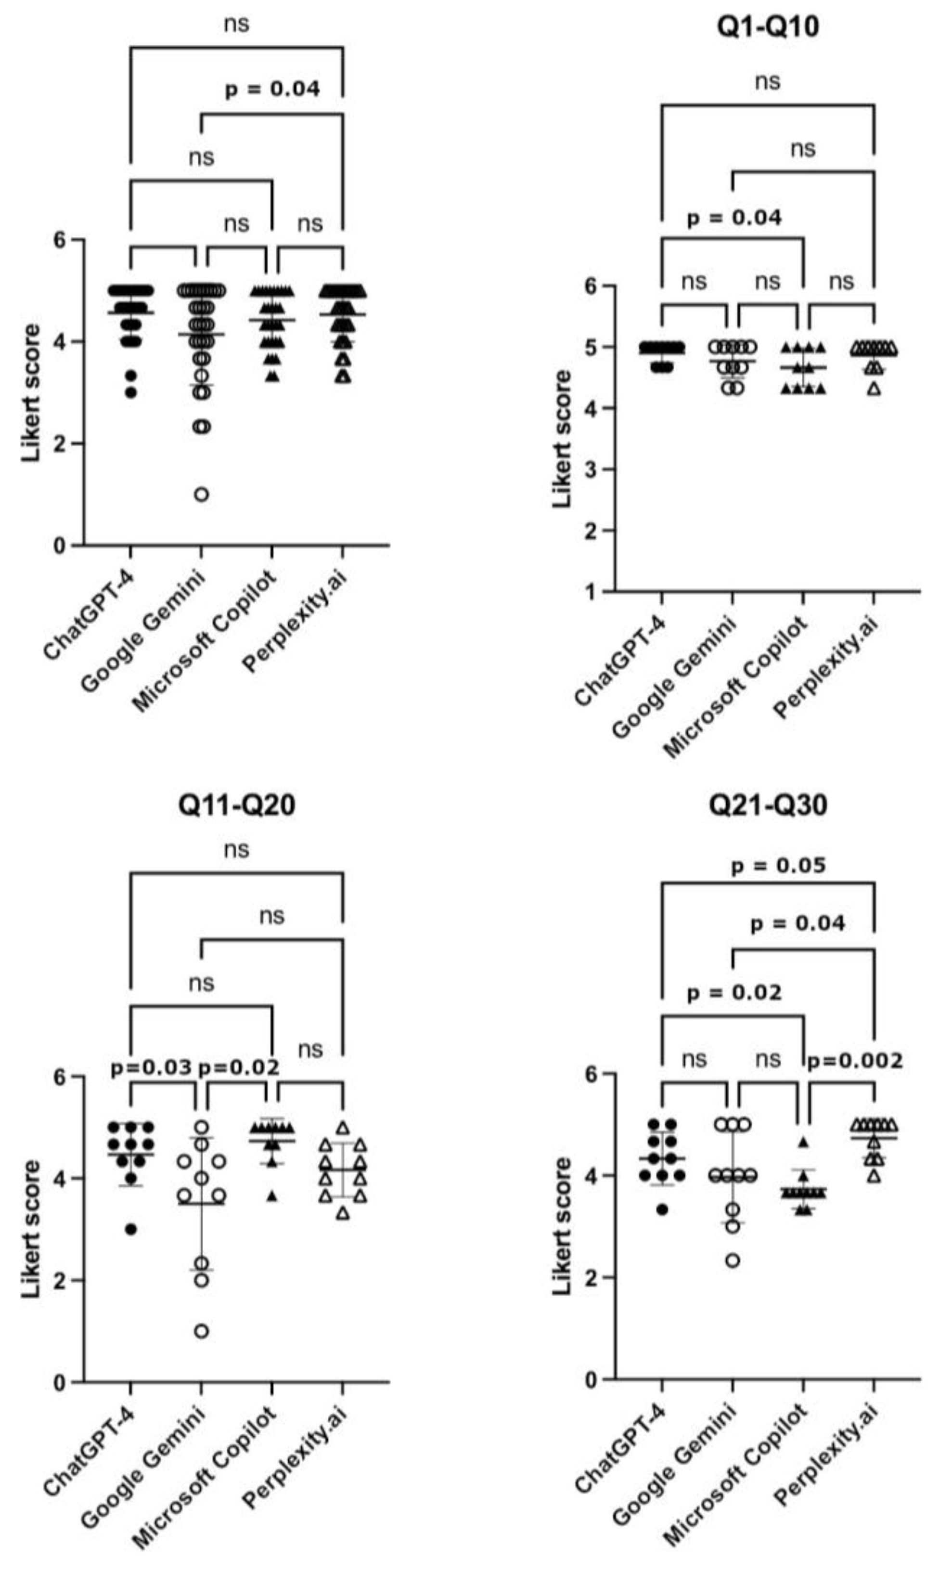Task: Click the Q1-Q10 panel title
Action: [768, 26]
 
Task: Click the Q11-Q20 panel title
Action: [236, 805]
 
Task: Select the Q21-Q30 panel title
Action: [768, 805]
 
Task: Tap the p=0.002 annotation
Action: [854, 1061]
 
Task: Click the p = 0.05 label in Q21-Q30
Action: [778, 866]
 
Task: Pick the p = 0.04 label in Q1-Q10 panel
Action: [734, 218]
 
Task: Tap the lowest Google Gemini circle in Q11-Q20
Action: [201, 1331]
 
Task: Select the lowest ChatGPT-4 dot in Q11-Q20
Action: [131, 1229]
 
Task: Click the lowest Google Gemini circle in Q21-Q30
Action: [733, 1260]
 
